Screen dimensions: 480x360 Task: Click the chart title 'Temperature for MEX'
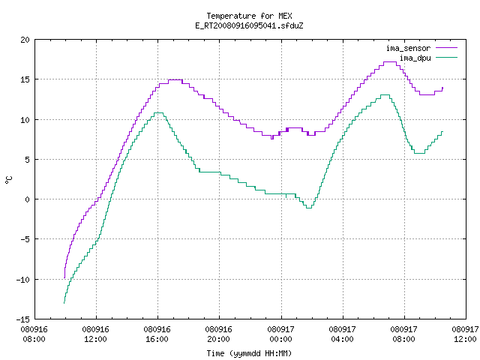point(249,16)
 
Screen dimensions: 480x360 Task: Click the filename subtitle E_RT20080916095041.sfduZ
point(249,25)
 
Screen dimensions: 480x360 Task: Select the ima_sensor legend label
point(408,48)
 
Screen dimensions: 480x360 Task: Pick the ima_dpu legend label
point(415,58)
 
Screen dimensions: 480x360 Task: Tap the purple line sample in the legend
point(447,48)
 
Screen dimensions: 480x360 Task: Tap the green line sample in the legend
point(447,58)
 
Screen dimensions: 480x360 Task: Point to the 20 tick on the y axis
point(25,40)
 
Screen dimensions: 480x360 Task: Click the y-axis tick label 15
point(25,79)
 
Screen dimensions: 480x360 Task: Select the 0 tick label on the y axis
point(27,199)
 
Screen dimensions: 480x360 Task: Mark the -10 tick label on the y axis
point(22,280)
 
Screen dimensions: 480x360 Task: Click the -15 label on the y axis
point(22,319)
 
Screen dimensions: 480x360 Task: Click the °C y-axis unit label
point(8,180)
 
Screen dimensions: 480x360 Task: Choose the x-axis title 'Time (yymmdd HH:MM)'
point(249,353)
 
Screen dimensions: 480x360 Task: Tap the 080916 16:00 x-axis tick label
point(157,334)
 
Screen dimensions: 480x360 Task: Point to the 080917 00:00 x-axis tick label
point(280,334)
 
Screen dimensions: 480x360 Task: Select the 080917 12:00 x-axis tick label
point(465,334)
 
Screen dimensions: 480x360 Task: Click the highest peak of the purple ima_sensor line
point(390,61)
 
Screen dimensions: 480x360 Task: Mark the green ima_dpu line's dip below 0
point(309,208)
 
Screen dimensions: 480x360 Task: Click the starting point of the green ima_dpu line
point(64,303)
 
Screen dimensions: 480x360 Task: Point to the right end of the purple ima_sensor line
point(442,88)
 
